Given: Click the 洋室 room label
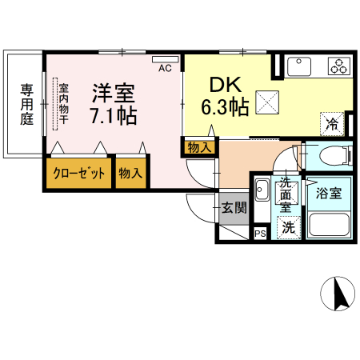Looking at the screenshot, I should (x=112, y=91).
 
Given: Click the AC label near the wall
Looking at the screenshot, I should (x=165, y=69).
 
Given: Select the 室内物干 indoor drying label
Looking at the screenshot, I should (x=63, y=103).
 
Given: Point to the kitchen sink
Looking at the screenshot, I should (x=302, y=65).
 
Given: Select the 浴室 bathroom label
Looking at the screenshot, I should (x=328, y=193).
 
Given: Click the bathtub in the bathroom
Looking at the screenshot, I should (x=330, y=223).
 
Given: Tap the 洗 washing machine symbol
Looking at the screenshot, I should (x=286, y=227).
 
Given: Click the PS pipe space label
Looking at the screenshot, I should (x=259, y=234).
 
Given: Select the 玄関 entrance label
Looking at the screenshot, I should (x=234, y=209).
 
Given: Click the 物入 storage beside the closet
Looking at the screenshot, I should (x=130, y=173).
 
